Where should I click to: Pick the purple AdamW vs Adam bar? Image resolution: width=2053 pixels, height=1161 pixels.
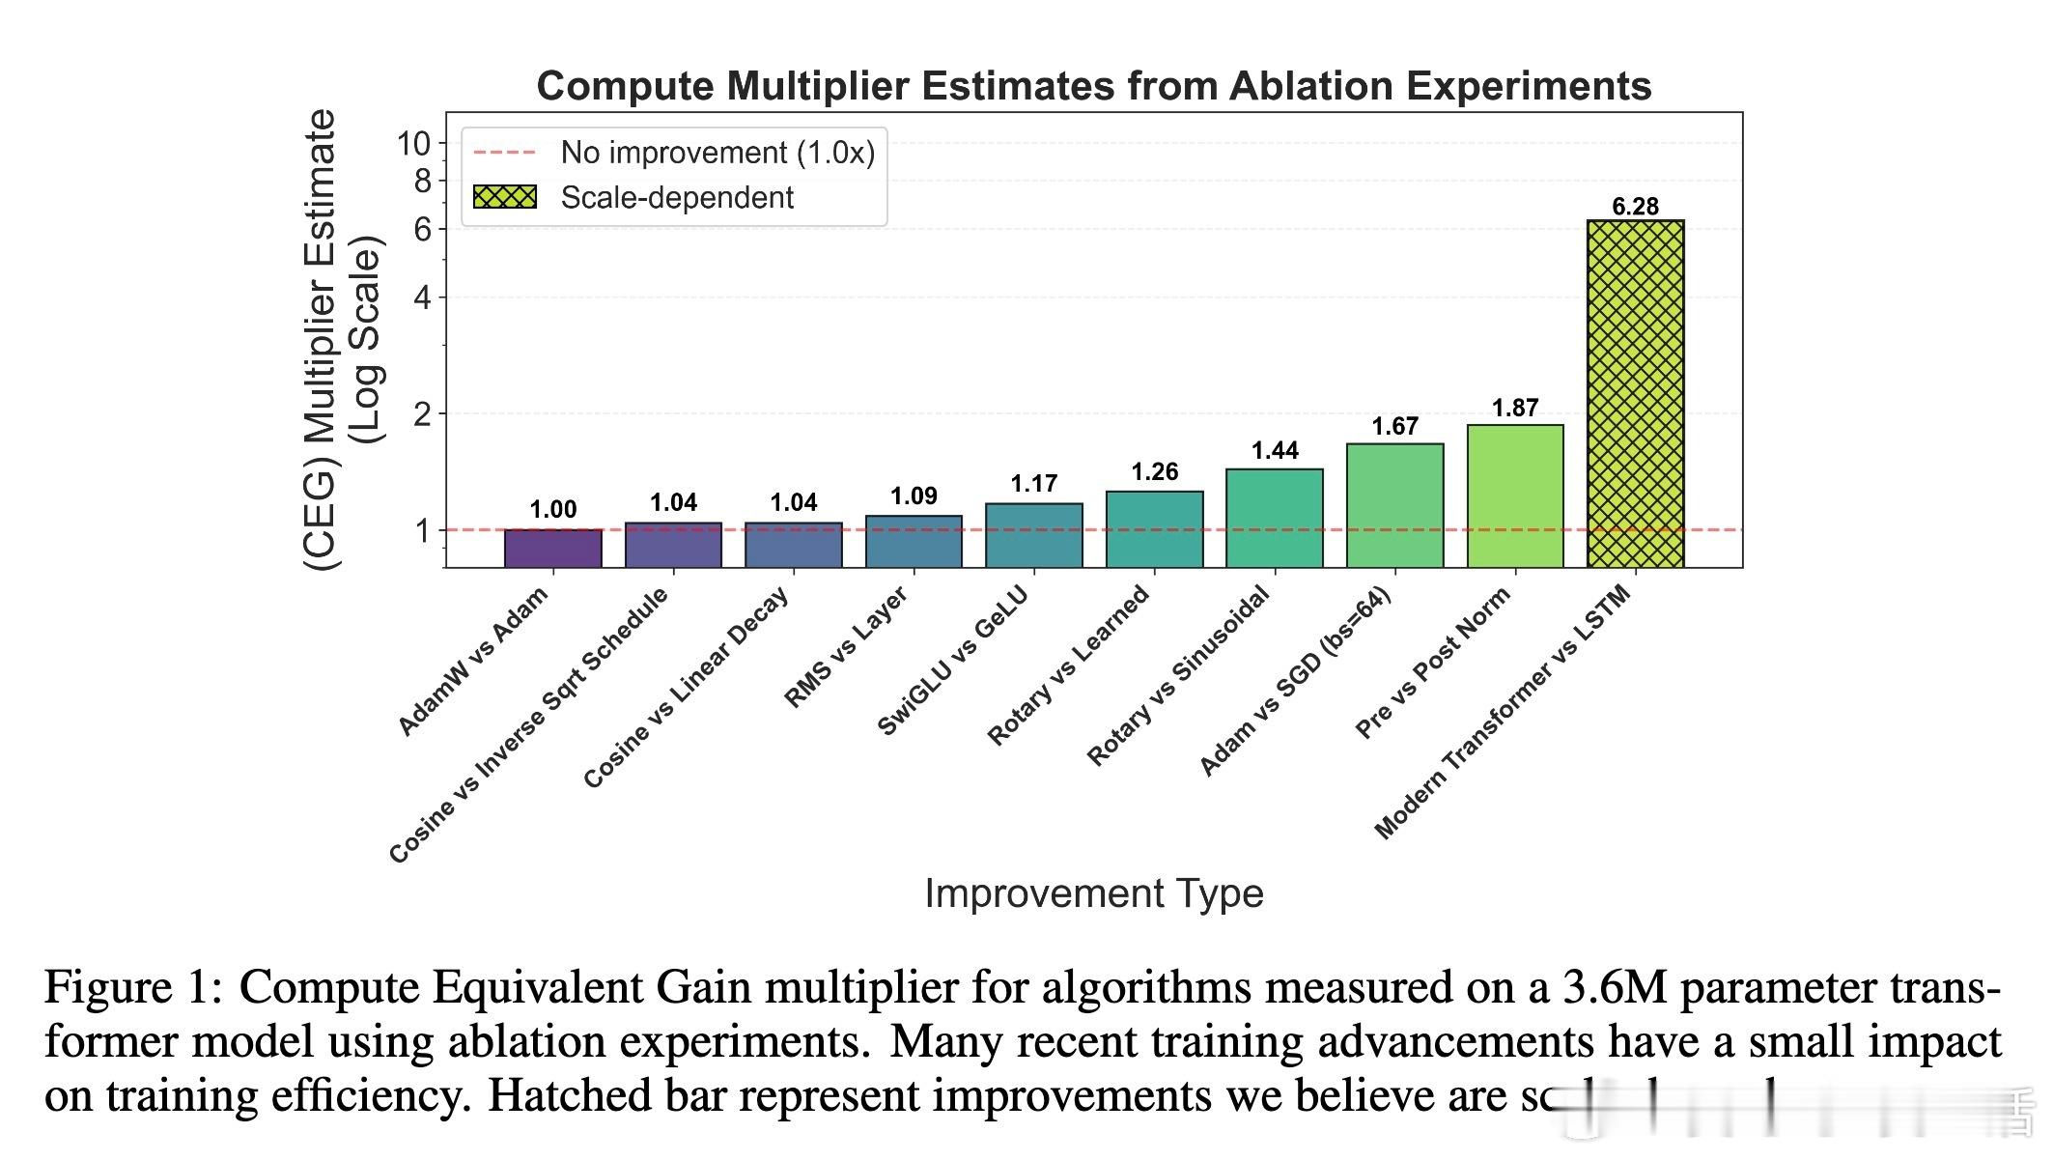point(553,548)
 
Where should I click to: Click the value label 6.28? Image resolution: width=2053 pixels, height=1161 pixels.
point(1635,206)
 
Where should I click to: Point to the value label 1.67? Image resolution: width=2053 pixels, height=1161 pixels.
point(1394,426)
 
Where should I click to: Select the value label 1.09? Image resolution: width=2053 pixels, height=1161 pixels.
point(914,496)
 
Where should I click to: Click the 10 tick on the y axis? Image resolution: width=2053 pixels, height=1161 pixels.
point(413,144)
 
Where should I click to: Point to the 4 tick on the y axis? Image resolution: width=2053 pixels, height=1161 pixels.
point(422,297)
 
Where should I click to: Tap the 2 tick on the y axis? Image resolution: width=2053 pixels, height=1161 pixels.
point(422,414)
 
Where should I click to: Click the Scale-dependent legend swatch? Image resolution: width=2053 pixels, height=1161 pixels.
point(504,197)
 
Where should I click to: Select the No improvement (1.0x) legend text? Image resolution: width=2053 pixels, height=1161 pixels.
point(717,153)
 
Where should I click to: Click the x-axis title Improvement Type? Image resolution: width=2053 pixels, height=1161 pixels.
point(1093,892)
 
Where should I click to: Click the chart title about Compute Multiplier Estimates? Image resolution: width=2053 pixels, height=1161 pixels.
point(1093,86)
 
